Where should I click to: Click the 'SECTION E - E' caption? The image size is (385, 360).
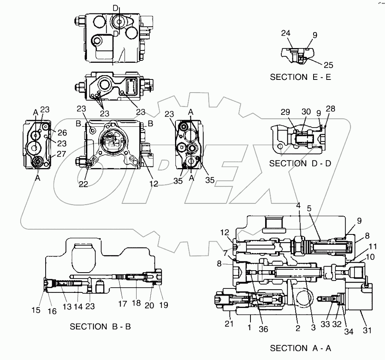pos(300,77)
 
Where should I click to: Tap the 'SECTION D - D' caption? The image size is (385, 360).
pos(300,163)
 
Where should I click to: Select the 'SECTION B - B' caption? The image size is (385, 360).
pos(100,327)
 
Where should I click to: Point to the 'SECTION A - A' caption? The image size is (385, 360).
pos(300,348)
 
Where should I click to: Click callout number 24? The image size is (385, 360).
pos(286,34)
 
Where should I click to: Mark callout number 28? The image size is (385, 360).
pos(330,108)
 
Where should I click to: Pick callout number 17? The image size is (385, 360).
pos(122,304)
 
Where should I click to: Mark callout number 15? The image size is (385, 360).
pos(36,310)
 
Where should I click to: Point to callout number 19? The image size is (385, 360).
pos(164,305)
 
